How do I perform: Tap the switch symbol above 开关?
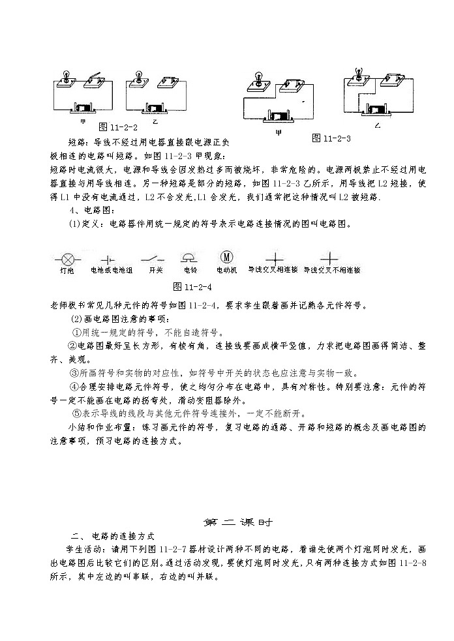(x=156, y=257)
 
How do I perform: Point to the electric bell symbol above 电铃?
(x=190, y=256)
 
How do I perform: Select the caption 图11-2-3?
(x=331, y=138)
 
